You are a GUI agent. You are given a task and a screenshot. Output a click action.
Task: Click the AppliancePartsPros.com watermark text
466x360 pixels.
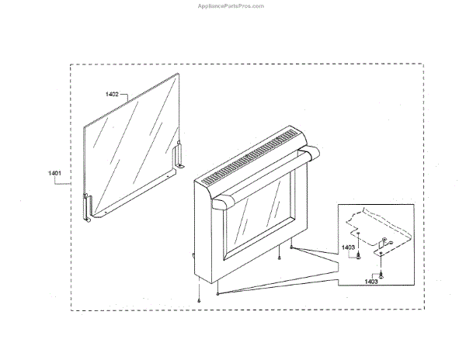pos(232,5)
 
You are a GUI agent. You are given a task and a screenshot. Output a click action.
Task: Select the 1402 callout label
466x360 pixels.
pos(112,94)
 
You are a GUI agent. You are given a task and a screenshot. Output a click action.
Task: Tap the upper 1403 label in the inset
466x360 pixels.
pos(349,247)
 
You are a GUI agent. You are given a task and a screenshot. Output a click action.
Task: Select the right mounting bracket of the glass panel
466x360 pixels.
pos(183,156)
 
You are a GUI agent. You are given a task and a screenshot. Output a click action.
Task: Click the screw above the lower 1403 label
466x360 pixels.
pos(381,273)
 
